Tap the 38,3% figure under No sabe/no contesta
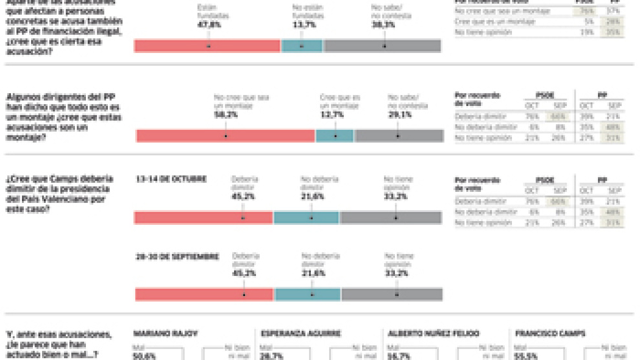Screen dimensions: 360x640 pyautogui.click(x=384, y=24)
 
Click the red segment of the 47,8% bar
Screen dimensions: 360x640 pyautogui.click(x=207, y=46)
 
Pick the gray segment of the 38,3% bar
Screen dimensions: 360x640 pyautogui.click(x=382, y=46)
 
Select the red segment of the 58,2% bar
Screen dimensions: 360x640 pyautogui.click(x=226, y=136)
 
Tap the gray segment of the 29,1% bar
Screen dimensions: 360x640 pyautogui.click(x=399, y=136)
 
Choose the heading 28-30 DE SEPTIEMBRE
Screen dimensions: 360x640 pyautogui.click(x=176, y=257)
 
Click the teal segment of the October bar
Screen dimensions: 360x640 pyautogui.click(x=307, y=217)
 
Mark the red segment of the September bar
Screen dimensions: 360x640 pyautogui.click(x=204, y=294)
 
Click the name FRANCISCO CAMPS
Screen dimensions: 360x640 pyautogui.click(x=546, y=334)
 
